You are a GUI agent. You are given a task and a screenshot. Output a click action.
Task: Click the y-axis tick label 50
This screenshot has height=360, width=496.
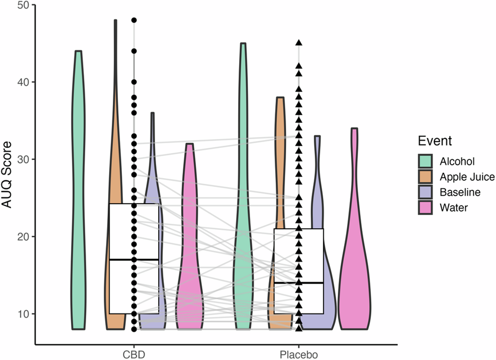coord(24,5)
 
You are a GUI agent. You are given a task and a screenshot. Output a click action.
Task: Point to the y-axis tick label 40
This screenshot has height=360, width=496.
coord(24,82)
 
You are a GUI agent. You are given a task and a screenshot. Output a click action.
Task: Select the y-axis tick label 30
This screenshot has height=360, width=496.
coord(24,159)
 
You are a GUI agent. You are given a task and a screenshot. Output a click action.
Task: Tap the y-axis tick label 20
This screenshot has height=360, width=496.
coord(24,237)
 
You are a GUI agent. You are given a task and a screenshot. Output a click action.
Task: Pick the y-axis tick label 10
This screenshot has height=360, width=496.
coord(24,314)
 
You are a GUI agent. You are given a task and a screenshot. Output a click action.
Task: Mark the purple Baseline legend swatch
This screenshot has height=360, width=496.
coord(424,193)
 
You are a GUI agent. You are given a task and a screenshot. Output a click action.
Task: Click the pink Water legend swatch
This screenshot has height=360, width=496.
coord(424,208)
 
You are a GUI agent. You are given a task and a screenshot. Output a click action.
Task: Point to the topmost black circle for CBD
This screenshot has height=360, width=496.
coord(134,20)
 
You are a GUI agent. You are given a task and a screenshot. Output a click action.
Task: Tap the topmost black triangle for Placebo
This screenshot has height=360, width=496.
coord(299,43)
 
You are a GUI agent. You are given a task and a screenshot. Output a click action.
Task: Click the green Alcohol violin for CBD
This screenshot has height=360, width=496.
coord(78,183)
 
